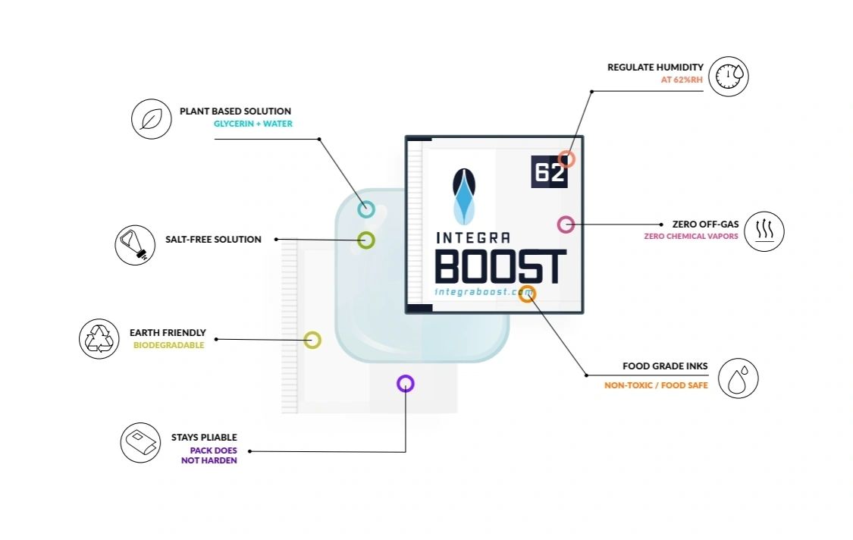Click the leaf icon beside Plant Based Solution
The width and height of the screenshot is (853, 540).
(151, 119)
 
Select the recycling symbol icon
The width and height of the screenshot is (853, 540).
(99, 338)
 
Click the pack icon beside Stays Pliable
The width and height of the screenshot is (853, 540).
(140, 443)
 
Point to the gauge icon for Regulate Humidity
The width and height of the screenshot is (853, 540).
(729, 75)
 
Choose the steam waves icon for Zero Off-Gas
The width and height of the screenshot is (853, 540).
(764, 231)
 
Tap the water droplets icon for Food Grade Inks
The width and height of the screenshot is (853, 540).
(738, 378)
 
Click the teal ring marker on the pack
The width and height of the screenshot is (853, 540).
(366, 209)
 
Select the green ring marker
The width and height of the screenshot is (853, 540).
(366, 240)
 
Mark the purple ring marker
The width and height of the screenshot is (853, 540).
(406, 384)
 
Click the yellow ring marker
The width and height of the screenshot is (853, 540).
(312, 340)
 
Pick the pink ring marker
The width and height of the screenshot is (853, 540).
(566, 224)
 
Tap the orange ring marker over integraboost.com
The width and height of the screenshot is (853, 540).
(528, 294)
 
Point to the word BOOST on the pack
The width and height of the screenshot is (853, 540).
(500, 266)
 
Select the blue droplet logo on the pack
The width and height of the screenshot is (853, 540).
(465, 195)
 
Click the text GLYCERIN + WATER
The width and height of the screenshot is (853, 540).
(253, 124)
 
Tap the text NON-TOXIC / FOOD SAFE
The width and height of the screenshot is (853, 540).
(656, 385)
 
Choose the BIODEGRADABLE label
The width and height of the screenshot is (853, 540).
(168, 345)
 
